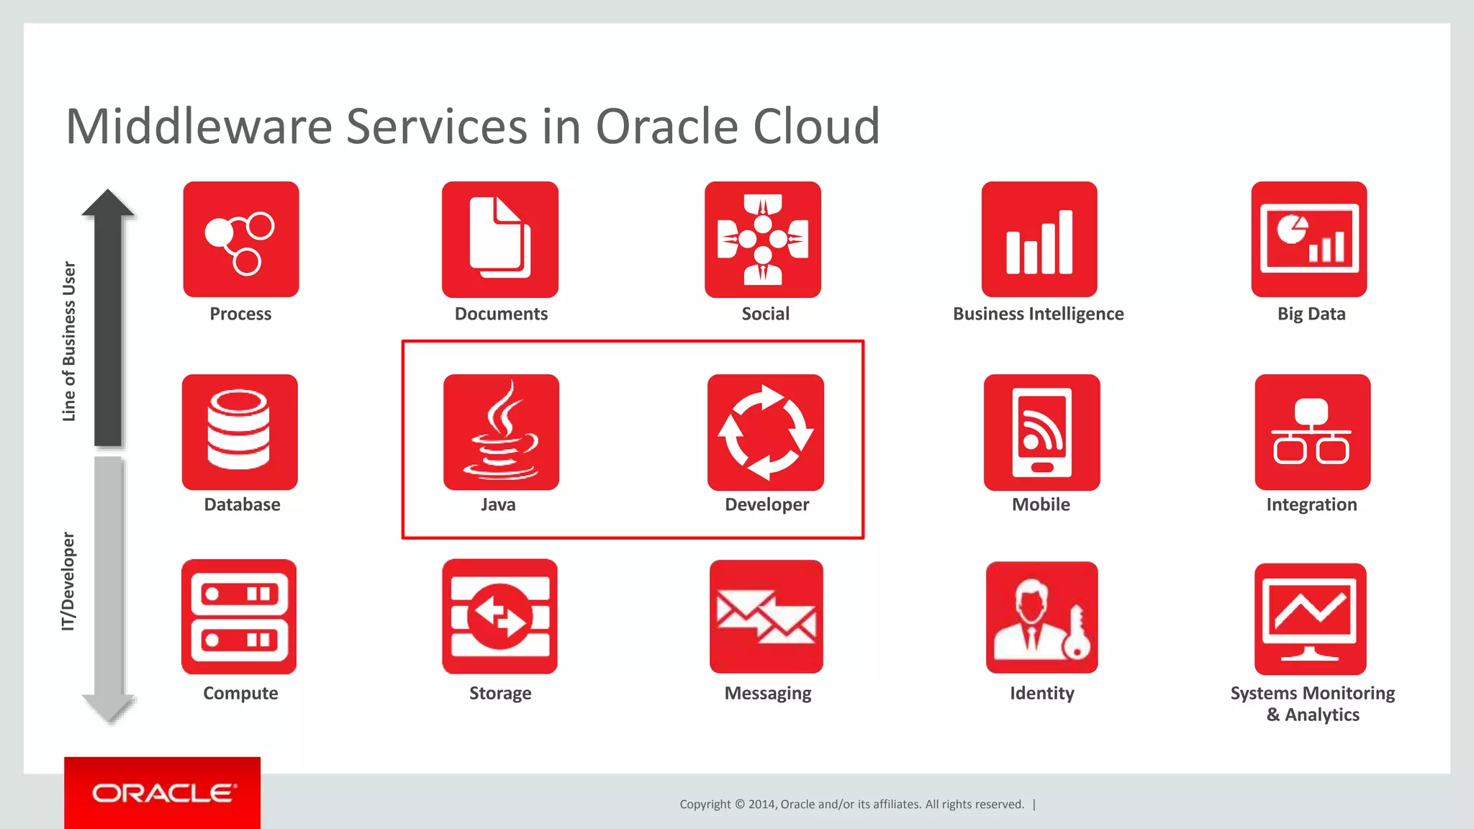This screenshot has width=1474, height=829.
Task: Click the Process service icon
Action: [240, 239]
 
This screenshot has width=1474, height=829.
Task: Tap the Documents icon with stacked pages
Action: [500, 239]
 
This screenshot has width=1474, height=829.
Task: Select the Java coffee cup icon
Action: [501, 432]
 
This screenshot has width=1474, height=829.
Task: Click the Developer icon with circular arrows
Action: [765, 432]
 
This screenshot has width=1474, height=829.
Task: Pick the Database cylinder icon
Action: [240, 432]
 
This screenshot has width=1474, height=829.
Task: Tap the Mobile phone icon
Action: [1041, 432]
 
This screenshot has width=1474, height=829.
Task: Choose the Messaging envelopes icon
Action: [766, 617]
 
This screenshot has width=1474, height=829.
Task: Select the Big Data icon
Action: [1308, 239]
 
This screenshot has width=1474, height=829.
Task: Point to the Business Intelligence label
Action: [1038, 314]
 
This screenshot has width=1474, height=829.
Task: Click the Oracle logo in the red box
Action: [163, 793]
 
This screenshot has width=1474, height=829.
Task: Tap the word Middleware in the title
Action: [198, 127]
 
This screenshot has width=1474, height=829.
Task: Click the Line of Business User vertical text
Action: [68, 341]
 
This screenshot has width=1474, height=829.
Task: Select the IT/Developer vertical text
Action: [68, 581]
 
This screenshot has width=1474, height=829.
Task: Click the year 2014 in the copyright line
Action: [761, 805]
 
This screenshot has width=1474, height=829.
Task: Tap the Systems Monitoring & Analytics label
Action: [1312, 703]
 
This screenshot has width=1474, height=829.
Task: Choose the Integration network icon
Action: [1312, 432]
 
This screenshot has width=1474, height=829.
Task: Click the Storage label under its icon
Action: [500, 693]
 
